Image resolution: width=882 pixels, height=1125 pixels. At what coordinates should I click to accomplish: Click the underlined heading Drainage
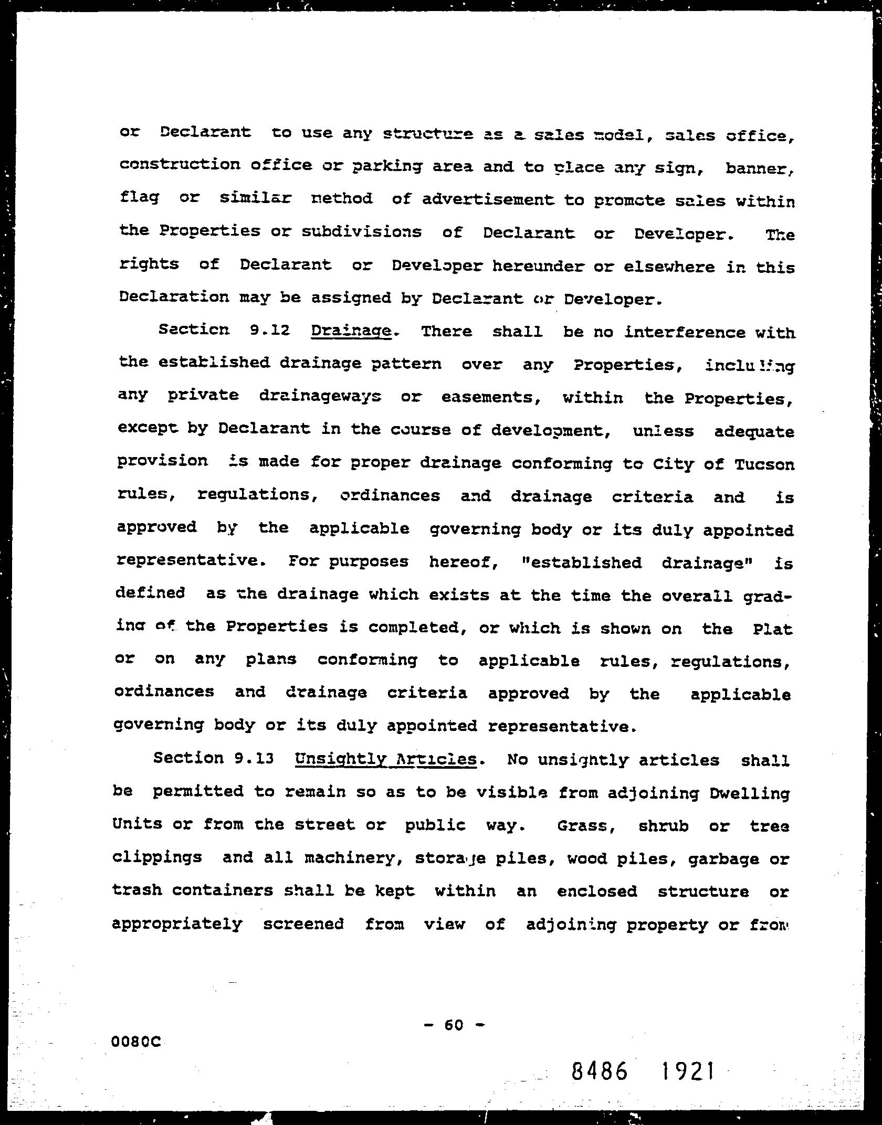pos(351,332)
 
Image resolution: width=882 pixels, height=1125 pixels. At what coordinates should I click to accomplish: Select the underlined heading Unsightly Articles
pos(386,759)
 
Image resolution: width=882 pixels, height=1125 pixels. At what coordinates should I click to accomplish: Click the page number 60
pos(454,1025)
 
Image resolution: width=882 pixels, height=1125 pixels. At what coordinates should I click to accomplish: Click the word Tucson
pos(764,464)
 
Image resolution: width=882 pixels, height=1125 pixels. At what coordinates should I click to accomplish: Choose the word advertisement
pos(488,199)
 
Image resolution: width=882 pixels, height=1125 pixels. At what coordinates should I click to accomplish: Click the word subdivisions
pos(361,232)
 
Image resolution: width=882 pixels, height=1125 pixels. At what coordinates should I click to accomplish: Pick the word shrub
pos(663,826)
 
